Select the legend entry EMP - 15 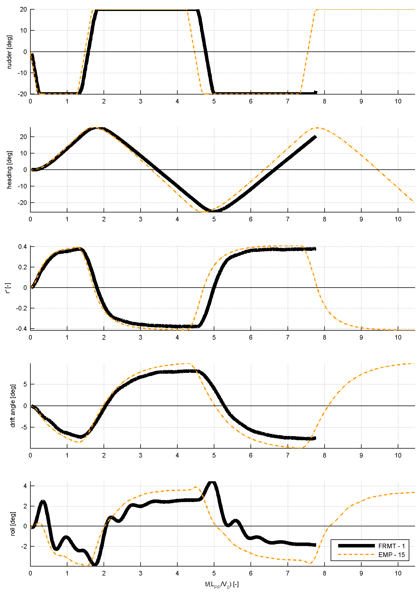[391, 555]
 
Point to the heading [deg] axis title [9, 170]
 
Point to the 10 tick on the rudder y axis [23, 30]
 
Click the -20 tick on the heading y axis [23, 203]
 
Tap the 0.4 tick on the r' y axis [23, 247]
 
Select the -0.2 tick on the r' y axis [22, 308]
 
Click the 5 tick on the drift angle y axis [25, 384]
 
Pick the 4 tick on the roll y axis [25, 486]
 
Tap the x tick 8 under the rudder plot [325, 101]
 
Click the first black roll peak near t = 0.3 [43, 501]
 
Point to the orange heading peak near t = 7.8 [318, 127]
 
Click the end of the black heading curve [316, 137]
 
